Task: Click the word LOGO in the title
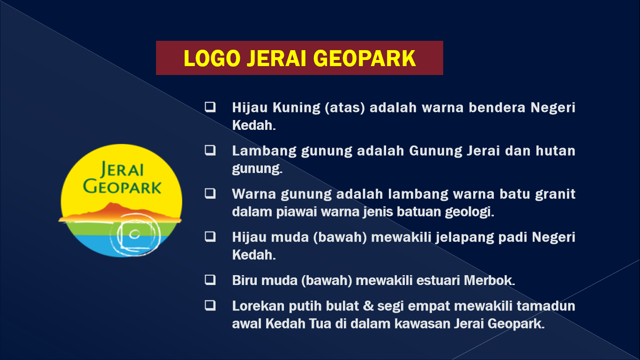[212, 58]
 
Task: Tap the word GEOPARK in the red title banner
[365, 58]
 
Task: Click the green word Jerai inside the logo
[122, 169]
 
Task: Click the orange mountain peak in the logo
[111, 205]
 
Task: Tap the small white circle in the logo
[134, 234]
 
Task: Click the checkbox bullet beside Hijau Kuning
[210, 107]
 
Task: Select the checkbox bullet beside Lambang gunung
[210, 150]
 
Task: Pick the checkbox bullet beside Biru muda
[210, 280]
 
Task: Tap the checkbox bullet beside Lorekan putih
[210, 306]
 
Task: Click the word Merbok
[489, 280]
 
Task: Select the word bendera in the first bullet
[497, 107]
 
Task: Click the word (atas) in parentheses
[344, 108]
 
